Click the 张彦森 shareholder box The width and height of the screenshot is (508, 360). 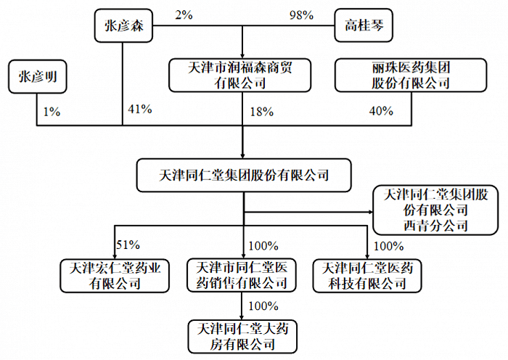tap(123, 25)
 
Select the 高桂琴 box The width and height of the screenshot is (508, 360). tap(364, 25)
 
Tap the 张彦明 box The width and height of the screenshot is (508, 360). tap(38, 76)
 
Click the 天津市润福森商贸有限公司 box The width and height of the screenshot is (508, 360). tap(240, 75)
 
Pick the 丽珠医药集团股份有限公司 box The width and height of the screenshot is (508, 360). tap(411, 75)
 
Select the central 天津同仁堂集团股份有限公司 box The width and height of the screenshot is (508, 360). tap(244, 176)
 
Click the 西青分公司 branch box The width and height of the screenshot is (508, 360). tap(435, 210)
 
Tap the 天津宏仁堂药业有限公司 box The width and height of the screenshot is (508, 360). tap(115, 276)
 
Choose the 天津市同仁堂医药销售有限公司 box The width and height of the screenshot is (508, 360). tap(242, 275)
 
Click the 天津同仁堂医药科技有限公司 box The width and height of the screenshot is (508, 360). tap(367, 276)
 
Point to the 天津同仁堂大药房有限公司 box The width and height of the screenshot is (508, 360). tap(242, 337)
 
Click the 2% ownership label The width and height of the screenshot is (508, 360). tap(184, 15)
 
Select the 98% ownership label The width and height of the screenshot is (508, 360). tap(301, 15)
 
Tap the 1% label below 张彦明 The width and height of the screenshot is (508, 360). tap(52, 112)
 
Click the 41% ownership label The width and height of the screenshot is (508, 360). tap(140, 109)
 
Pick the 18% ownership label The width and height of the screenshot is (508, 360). tap(262, 112)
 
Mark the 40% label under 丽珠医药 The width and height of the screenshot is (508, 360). tap(381, 111)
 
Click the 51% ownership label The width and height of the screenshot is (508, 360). tap(128, 245)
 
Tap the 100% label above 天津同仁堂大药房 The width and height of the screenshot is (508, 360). tap(263, 306)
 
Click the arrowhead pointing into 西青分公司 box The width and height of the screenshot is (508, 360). tap(371, 212)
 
